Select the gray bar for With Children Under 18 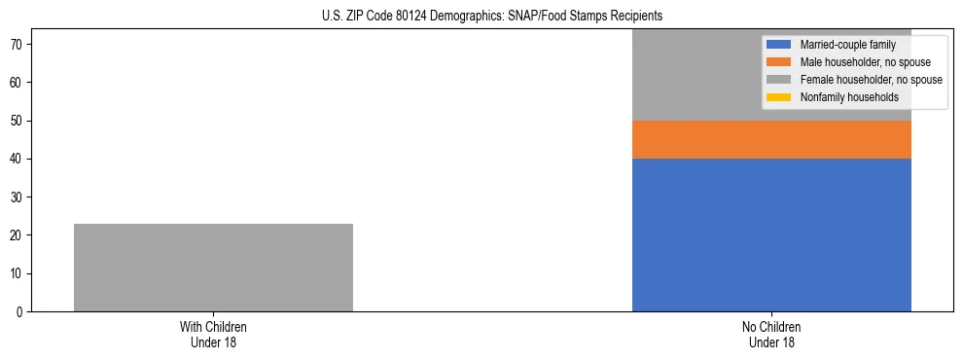tap(213, 268)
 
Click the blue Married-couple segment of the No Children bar tap(771, 234)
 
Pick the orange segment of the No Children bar tap(771, 139)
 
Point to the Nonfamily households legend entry tap(849, 97)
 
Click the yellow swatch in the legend tap(780, 97)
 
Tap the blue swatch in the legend tap(780, 45)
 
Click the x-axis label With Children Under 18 tap(213, 335)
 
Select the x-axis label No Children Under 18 tap(771, 335)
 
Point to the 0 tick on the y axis tap(20, 312)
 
